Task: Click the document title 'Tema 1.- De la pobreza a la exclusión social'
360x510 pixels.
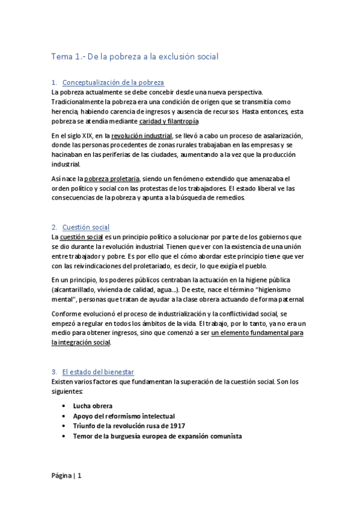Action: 135,57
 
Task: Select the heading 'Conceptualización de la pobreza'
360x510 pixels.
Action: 113,82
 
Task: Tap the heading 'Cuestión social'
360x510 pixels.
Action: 86,227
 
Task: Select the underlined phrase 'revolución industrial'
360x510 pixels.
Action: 141,136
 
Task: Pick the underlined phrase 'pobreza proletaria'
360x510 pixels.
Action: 112,179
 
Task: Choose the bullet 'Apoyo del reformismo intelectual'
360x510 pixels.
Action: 124,416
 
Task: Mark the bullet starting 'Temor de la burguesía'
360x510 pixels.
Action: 157,436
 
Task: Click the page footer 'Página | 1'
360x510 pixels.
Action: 66,476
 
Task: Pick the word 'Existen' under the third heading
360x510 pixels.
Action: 63,382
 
